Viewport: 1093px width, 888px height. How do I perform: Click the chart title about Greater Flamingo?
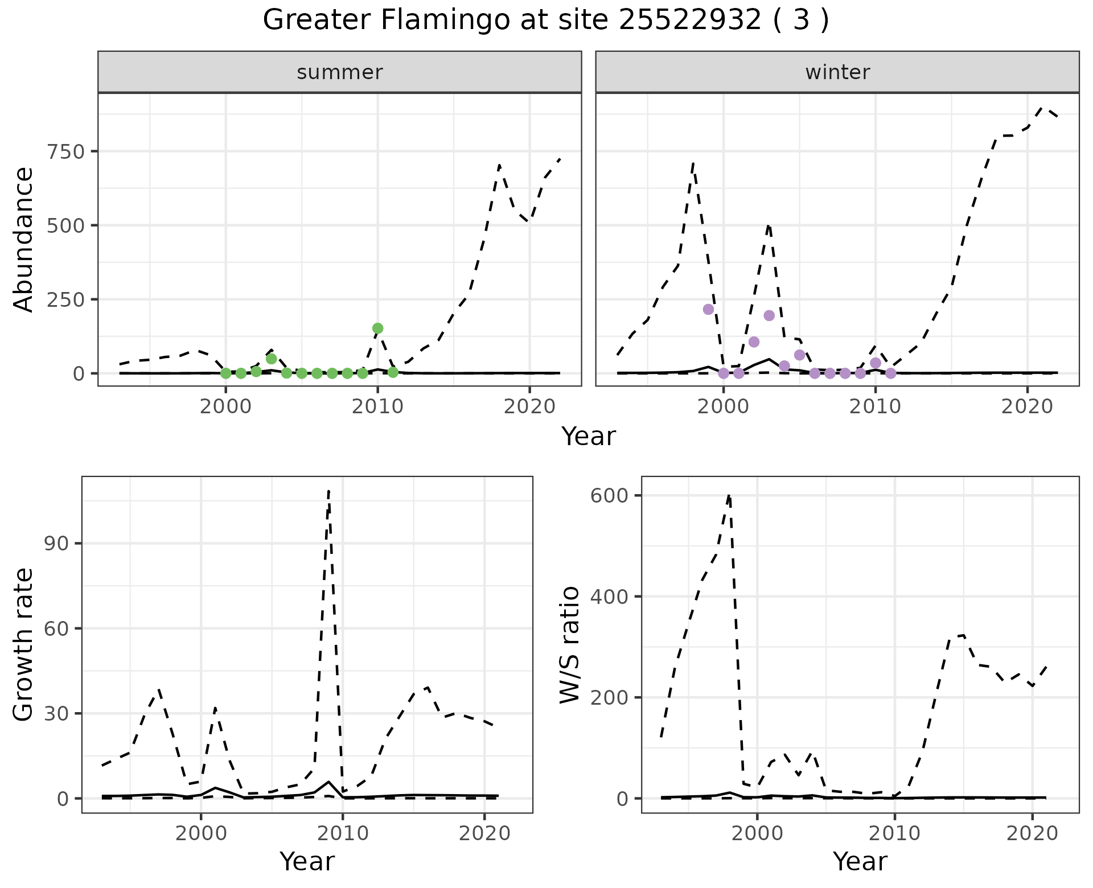[x=546, y=20]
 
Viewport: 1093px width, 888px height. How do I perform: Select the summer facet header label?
[x=340, y=72]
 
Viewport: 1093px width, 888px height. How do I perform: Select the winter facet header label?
[x=837, y=72]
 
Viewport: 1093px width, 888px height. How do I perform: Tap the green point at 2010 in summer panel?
[x=377, y=328]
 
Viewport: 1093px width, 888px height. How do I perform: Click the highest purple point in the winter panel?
[x=708, y=309]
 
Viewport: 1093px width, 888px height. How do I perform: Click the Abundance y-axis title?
[x=24, y=240]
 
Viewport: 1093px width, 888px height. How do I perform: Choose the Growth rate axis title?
[x=24, y=645]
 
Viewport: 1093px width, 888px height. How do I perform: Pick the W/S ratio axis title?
[x=569, y=645]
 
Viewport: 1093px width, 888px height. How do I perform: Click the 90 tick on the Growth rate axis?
[x=55, y=544]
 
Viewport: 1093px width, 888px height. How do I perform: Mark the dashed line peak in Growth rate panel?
[x=329, y=491]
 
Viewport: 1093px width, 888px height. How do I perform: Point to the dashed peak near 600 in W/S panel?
[x=729, y=495]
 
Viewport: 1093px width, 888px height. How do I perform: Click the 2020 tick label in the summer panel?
[x=529, y=407]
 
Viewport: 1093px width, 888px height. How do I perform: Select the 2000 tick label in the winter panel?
[x=724, y=407]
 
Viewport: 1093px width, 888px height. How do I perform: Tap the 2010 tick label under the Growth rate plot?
[x=342, y=834]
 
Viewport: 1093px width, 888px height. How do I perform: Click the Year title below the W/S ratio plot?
[x=860, y=862]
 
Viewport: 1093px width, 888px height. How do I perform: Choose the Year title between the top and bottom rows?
[x=589, y=437]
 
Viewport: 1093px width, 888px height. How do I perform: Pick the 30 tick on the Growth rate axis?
[x=55, y=714]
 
